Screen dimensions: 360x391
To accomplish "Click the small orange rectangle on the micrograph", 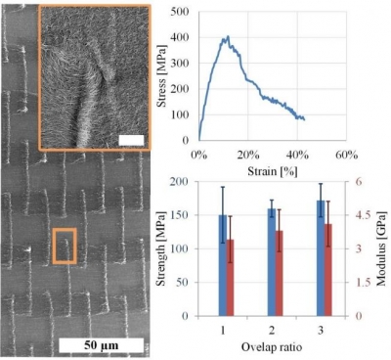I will coord(65,246).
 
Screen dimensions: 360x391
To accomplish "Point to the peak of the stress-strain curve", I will coord(226,38).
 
